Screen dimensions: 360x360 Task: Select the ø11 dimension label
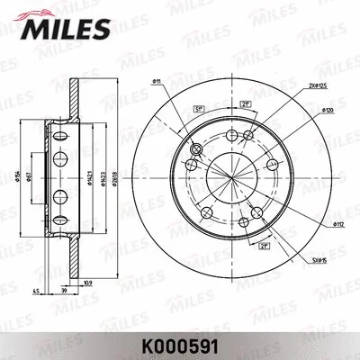click(x=156, y=82)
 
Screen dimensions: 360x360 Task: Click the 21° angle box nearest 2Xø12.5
click(x=245, y=105)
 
